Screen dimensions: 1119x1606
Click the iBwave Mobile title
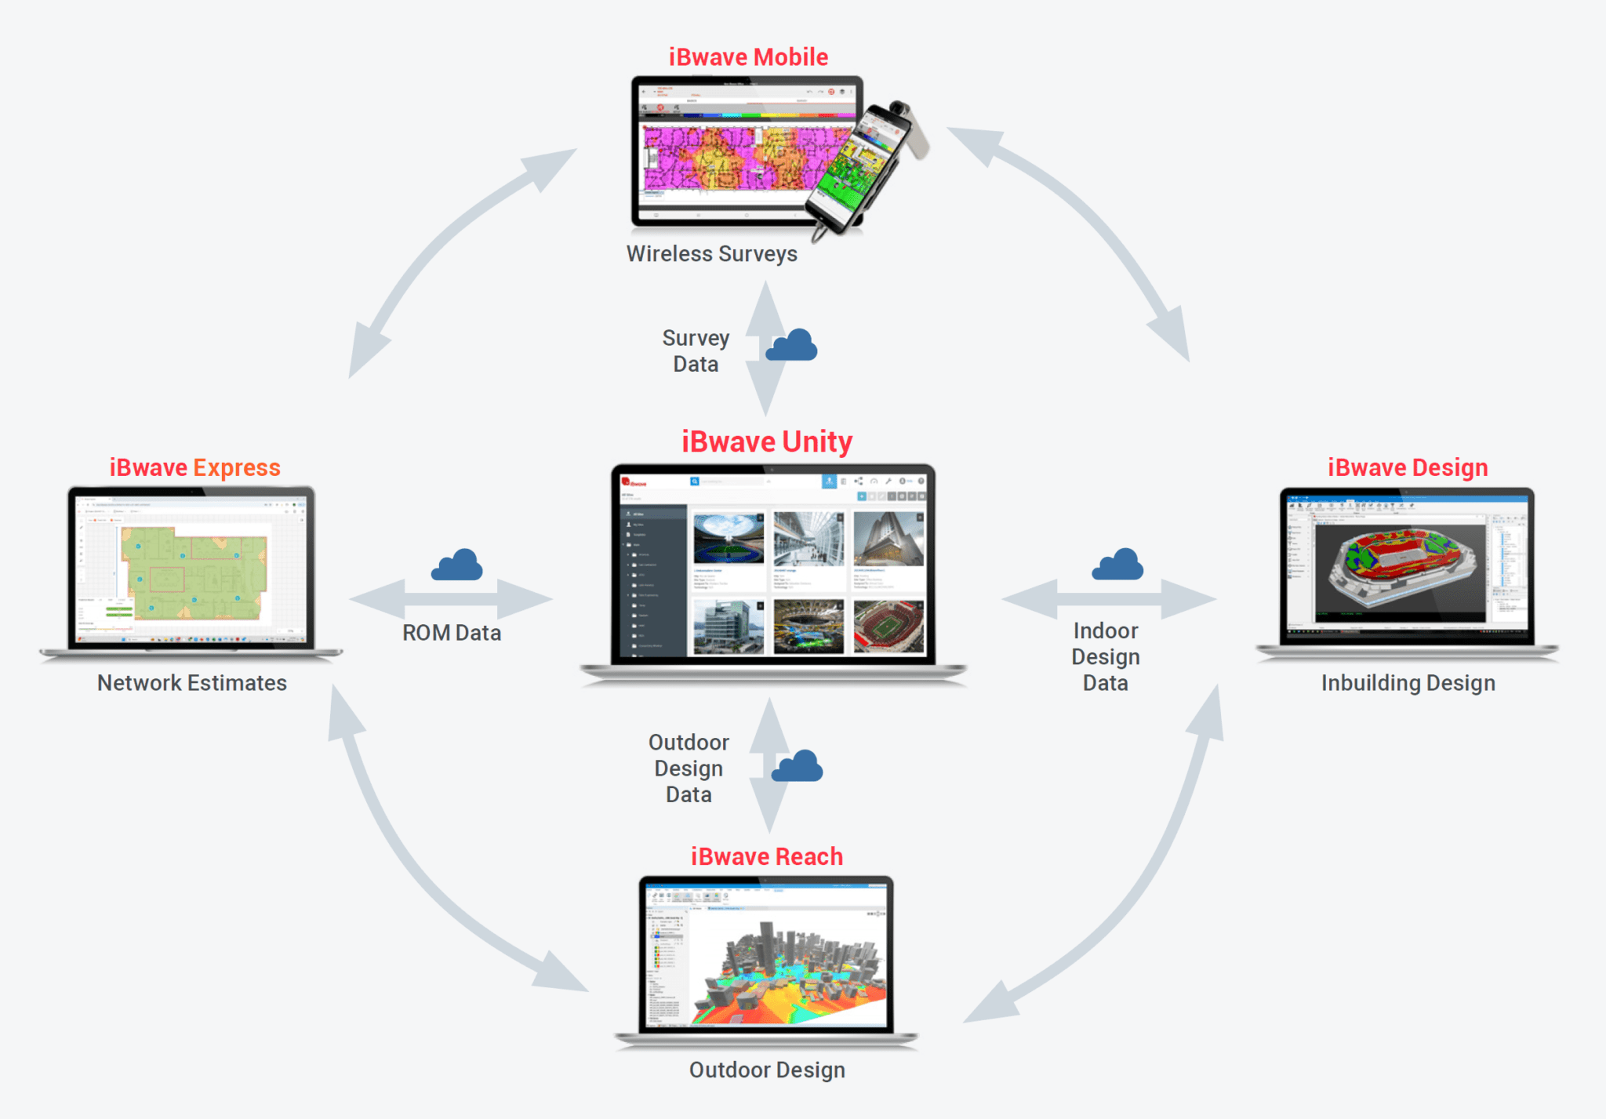click(x=748, y=57)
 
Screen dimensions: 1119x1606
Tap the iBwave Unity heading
click(x=766, y=441)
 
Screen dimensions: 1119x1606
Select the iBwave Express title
click(x=194, y=467)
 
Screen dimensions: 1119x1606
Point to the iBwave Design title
click(x=1408, y=467)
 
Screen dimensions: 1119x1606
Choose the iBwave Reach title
click(x=766, y=856)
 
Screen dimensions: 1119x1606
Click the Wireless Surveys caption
click(x=711, y=254)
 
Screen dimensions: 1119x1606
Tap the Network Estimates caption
click(x=192, y=683)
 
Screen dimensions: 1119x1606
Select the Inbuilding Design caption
click(x=1408, y=683)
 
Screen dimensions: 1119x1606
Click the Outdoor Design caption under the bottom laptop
click(x=766, y=1070)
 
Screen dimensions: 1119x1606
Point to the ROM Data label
click(x=452, y=633)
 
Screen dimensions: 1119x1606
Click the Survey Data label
click(x=696, y=351)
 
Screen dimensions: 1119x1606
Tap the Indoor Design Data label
click(x=1106, y=657)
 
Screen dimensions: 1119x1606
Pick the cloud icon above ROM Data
click(x=457, y=566)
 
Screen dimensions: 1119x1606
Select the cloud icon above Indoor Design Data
click(x=1117, y=565)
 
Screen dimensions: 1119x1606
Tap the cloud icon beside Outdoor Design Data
click(x=798, y=767)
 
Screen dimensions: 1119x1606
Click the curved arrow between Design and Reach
click(x=1129, y=886)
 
